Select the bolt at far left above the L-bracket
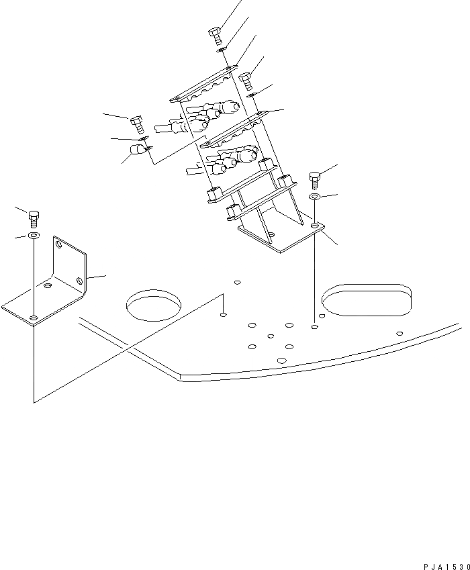pyautogui.click(x=34, y=218)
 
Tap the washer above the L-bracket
pyautogui.click(x=34, y=236)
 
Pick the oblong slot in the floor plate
pyautogui.click(x=366, y=299)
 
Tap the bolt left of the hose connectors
pyautogui.click(x=136, y=124)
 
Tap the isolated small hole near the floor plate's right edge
pyautogui.click(x=399, y=333)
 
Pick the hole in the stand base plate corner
pyautogui.click(x=314, y=228)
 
